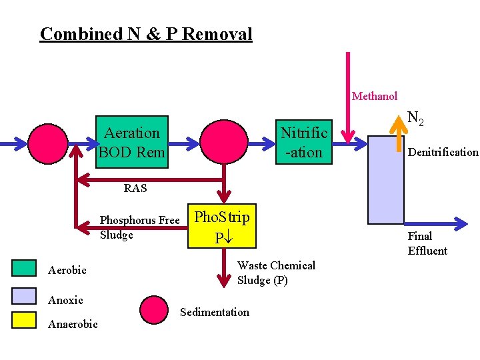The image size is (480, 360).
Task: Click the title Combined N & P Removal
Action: click(146, 33)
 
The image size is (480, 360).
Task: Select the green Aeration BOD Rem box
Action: click(131, 143)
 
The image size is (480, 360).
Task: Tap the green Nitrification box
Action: click(304, 143)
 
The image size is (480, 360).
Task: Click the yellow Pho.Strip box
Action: click(221, 227)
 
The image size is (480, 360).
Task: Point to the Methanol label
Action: click(374, 97)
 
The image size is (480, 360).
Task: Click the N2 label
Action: click(416, 119)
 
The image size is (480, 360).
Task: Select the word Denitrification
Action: click(443, 152)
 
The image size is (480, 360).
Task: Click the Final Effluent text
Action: click(427, 243)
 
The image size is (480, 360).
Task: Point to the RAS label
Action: click(135, 188)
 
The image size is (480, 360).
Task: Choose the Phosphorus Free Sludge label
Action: click(139, 227)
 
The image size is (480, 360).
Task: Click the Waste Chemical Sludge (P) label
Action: click(276, 273)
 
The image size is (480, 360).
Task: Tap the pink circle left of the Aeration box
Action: click(47, 143)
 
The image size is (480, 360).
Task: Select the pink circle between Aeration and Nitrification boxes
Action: click(224, 143)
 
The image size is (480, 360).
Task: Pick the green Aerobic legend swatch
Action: click(25, 268)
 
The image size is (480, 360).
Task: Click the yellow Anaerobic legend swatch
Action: click(25, 321)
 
